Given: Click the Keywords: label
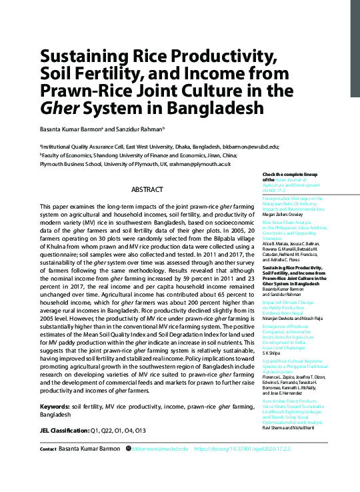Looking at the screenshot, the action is coord(55,406).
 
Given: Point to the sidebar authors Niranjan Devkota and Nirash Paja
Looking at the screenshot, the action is coord(293,319).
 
